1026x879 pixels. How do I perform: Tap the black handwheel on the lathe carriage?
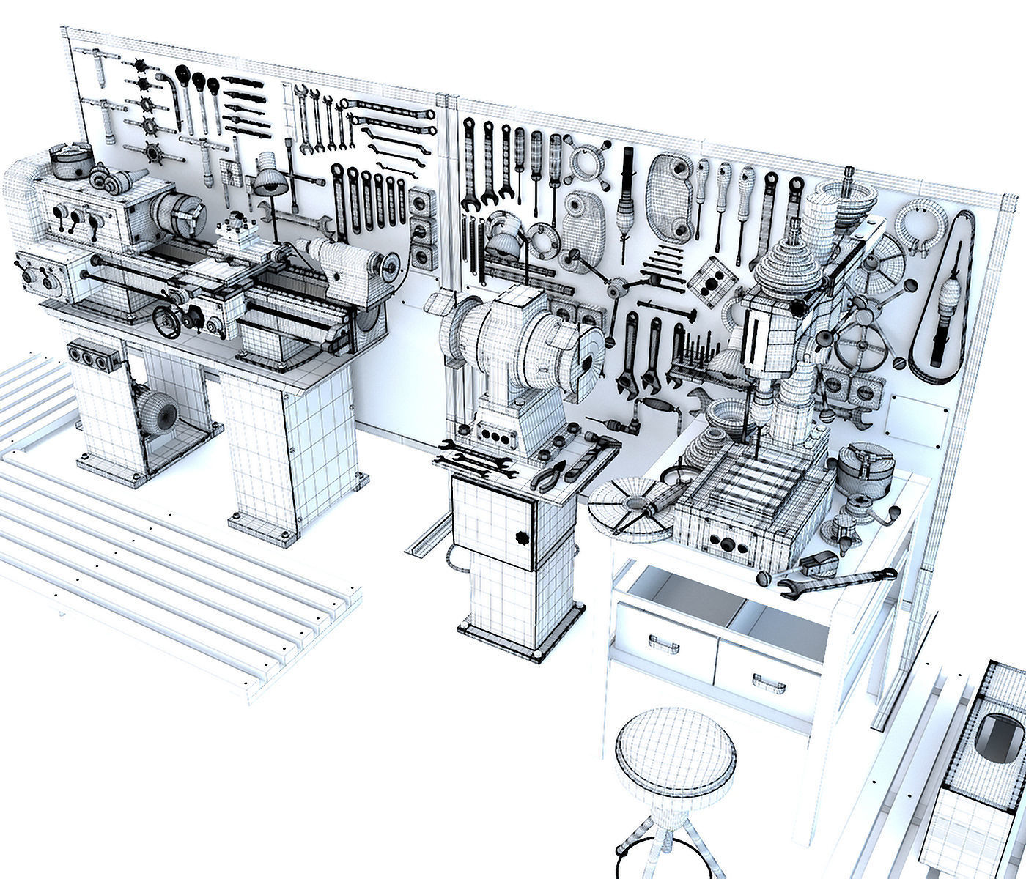[167, 322]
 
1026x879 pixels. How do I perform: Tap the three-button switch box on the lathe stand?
[90, 356]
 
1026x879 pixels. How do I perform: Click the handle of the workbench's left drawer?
[663, 645]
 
